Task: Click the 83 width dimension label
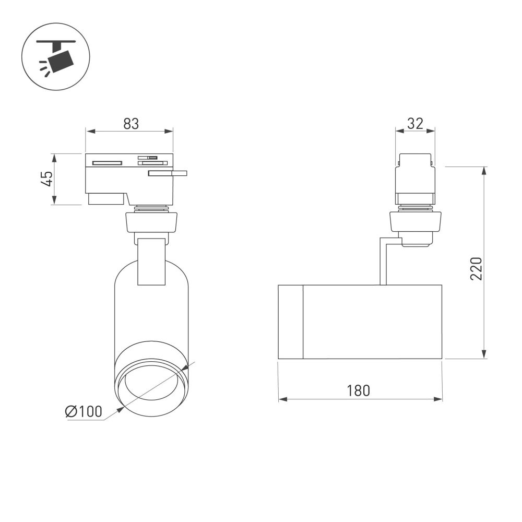131,124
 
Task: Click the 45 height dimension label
47,179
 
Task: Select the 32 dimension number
414,124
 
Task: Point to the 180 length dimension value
358,390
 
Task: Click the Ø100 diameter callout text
84,411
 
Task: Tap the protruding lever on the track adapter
168,173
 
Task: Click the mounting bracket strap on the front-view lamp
151,261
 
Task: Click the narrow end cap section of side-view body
291,322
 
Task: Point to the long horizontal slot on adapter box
107,163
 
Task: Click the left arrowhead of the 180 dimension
282,399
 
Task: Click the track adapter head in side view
415,177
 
